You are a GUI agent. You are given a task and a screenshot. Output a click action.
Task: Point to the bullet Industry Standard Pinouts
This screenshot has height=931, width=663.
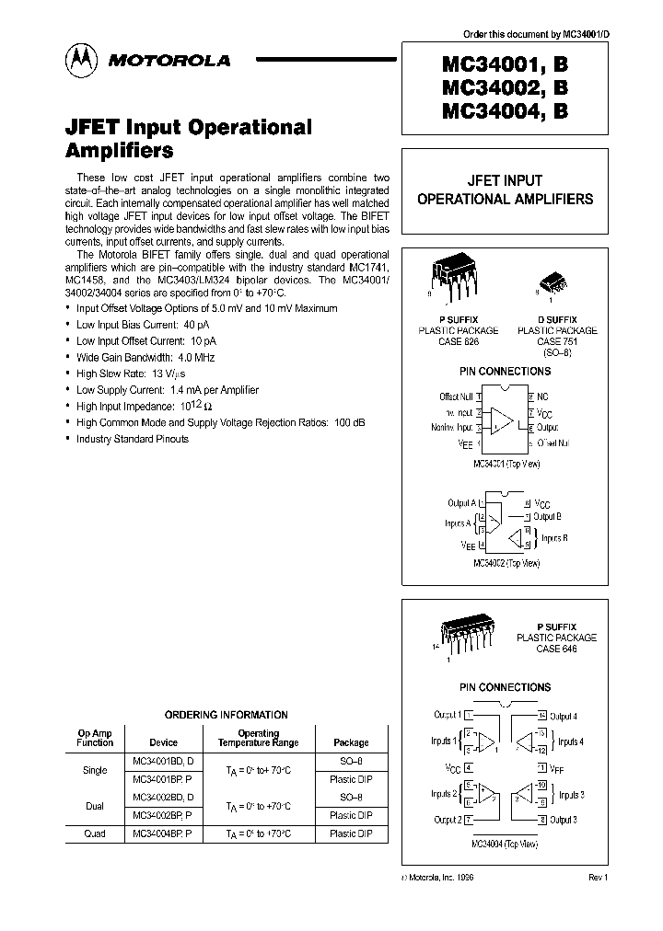click(133, 439)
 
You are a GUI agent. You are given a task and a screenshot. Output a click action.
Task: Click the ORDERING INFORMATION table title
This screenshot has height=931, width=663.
click(226, 715)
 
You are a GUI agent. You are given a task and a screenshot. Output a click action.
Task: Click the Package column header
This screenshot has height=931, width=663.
click(350, 742)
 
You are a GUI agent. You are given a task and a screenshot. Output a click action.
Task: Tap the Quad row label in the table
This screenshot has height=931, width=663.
click(95, 833)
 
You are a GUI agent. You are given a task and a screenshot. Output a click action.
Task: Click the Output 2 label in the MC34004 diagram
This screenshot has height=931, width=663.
click(446, 820)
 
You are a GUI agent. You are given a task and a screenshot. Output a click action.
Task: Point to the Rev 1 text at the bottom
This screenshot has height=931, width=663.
click(598, 879)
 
